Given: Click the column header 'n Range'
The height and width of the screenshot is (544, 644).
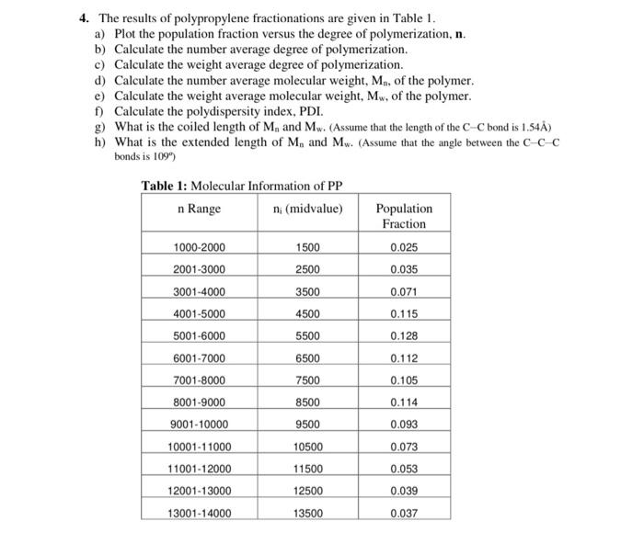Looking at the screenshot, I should [199, 209].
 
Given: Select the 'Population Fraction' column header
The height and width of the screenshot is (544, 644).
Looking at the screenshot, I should [404, 216].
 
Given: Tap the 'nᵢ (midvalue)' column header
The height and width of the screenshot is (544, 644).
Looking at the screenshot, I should [307, 209].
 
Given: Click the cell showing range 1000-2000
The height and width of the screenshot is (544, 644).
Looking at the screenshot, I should [199, 247].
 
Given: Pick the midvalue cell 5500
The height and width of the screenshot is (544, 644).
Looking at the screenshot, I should [307, 336].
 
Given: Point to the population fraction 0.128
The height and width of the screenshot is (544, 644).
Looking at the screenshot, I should [404, 336].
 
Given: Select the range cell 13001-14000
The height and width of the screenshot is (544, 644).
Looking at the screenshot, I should [199, 514].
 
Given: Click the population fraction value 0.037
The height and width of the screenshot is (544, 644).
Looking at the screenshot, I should [404, 514].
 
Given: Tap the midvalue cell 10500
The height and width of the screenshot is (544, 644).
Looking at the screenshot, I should [307, 447].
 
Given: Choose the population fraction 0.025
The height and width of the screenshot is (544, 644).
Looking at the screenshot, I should [404, 247].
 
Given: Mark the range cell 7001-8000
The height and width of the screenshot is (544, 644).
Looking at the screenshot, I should [199, 380].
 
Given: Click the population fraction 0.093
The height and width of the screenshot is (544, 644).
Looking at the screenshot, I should [404, 425].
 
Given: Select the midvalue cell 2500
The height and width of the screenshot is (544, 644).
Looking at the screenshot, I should [307, 269].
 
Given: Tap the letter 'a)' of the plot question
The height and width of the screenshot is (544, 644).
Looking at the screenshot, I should [100, 34].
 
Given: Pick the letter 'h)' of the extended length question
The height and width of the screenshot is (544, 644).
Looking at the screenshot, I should [100, 142].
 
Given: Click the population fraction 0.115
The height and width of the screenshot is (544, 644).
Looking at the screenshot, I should [404, 313].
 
